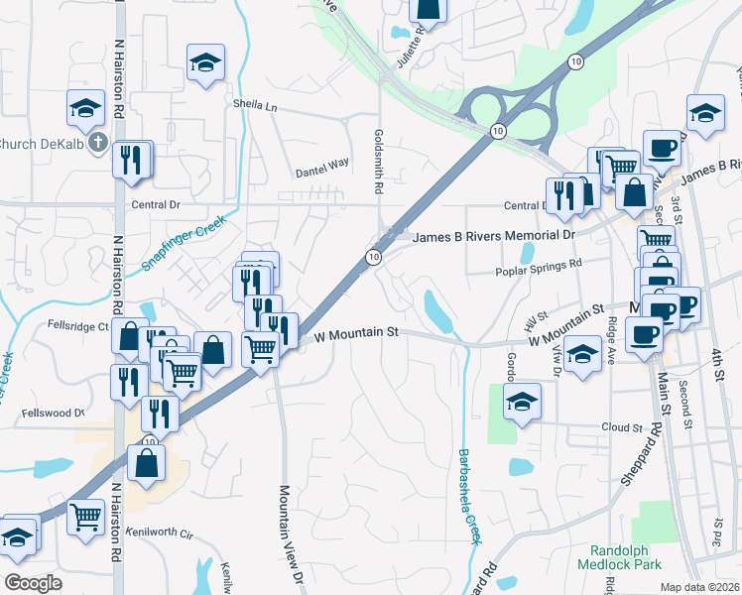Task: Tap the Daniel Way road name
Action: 322,172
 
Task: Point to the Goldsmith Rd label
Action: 378,160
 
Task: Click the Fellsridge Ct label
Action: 77,325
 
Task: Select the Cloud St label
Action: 622,427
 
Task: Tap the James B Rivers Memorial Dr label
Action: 493,237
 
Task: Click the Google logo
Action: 33,582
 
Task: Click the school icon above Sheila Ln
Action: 205,62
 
